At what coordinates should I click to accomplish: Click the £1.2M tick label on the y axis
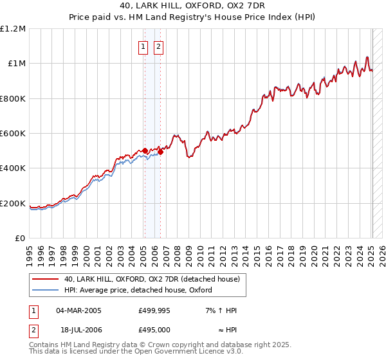click(13, 29)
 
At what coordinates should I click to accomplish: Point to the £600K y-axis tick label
click(13, 134)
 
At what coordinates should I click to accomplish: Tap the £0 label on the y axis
click(21, 239)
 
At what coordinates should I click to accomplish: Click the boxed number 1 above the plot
click(142, 46)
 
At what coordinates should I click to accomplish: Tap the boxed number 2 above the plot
click(158, 46)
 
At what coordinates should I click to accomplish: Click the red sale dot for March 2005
click(145, 150)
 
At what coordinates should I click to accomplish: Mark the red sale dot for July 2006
click(160, 152)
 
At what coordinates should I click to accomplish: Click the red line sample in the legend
click(46, 279)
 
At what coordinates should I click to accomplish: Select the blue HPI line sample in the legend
click(46, 290)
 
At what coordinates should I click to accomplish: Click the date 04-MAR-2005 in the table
click(78, 310)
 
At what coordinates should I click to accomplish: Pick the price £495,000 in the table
click(154, 329)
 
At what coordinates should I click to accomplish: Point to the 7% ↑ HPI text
click(221, 310)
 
